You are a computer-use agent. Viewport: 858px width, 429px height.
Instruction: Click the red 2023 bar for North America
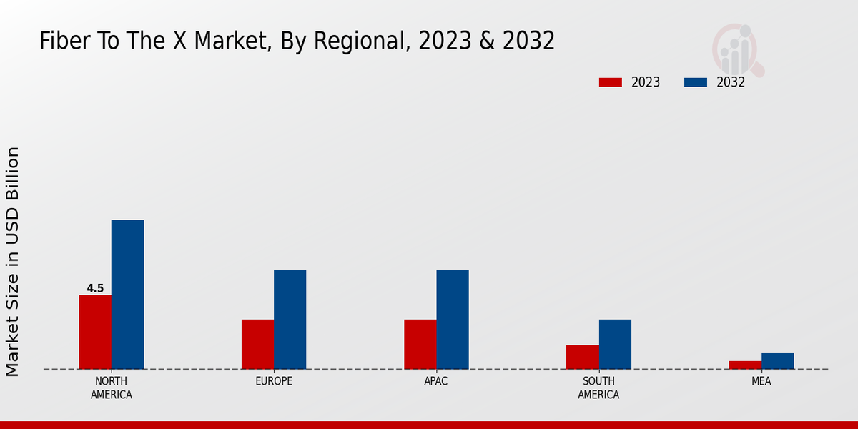95,332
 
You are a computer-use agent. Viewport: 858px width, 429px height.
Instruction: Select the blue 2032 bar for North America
127,294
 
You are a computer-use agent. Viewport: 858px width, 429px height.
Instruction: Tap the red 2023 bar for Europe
257,344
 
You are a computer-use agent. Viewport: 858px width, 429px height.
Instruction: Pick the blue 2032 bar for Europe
290,319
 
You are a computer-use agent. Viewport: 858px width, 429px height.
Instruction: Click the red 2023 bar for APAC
420,344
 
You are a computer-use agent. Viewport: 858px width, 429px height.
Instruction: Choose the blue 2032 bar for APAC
452,319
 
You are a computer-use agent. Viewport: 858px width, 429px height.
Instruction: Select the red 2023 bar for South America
582,357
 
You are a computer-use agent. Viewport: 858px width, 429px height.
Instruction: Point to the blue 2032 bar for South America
615,344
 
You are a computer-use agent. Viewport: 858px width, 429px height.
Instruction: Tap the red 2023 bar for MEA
745,365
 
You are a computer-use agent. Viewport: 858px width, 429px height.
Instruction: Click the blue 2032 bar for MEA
777,361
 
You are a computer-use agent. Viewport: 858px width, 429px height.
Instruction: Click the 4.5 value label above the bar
95,289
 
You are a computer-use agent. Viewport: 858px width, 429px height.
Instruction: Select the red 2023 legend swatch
610,82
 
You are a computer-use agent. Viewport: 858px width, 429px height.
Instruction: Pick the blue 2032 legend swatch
695,82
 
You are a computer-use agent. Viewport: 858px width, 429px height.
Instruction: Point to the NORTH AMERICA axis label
112,388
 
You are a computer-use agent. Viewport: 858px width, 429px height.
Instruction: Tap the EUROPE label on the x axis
274,381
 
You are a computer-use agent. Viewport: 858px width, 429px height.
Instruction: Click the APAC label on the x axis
435,381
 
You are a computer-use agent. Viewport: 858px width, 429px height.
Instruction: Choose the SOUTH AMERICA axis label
598,388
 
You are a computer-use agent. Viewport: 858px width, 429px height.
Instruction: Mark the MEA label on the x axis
761,381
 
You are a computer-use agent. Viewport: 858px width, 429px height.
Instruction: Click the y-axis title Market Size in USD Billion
13,261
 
